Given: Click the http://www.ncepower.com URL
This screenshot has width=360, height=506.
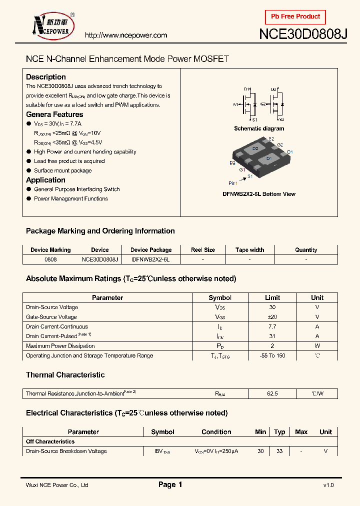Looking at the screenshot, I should [125, 35].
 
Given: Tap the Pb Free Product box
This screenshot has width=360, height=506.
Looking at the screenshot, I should [295, 17].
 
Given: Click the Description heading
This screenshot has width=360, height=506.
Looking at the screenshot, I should [46, 77].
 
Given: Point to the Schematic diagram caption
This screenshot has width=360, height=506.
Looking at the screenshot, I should [259, 128].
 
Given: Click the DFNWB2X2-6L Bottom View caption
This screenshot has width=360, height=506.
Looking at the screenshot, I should [259, 194].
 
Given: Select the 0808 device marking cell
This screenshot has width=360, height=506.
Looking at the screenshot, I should [50, 259].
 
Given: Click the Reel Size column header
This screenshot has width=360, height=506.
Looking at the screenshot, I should [203, 250].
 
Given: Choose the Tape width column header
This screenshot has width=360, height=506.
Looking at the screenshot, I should [250, 250].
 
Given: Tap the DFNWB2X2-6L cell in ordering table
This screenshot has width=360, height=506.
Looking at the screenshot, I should [151, 259].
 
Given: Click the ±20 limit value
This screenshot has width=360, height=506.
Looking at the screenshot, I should [272, 317].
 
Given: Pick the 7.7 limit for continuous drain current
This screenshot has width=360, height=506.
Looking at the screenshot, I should [272, 326].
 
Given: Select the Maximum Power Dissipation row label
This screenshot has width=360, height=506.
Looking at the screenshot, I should [60, 346].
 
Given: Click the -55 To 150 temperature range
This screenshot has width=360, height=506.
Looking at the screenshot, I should [272, 355].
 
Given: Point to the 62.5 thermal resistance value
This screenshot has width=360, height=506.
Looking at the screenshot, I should [272, 394].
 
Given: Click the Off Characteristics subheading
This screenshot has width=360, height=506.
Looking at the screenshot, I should [50, 441].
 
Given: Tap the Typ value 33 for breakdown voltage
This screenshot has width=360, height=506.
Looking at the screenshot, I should [279, 451].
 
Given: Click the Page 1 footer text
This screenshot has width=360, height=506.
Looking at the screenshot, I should [170, 484].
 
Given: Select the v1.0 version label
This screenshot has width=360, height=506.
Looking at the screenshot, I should [328, 485].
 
